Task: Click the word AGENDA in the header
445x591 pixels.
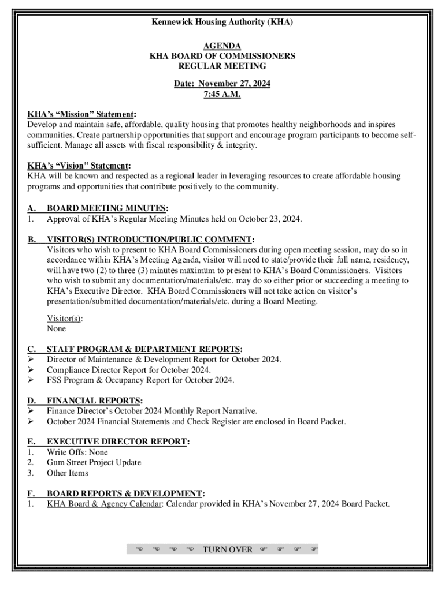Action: point(222,46)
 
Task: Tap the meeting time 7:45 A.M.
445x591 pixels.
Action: point(222,94)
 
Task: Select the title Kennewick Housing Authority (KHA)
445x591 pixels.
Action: point(222,23)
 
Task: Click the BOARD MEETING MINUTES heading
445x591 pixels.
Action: point(107,208)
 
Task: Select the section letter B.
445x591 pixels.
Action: point(32,240)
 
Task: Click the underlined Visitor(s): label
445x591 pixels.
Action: point(64,318)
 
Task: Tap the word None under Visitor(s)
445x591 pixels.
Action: point(57,328)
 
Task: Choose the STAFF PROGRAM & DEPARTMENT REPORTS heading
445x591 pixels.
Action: point(144,349)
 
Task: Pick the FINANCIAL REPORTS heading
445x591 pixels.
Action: point(94,401)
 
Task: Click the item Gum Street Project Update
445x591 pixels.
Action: point(94,463)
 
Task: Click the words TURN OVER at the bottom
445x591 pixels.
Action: point(228,549)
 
